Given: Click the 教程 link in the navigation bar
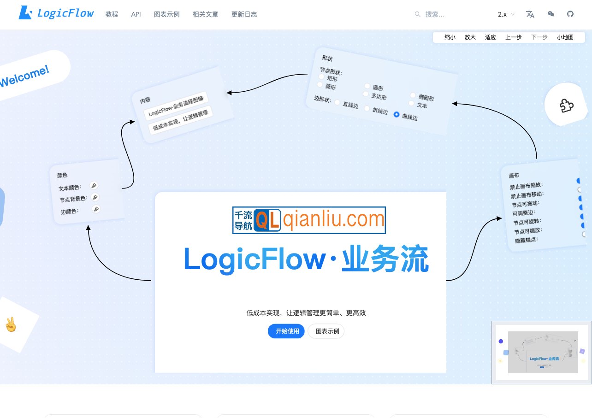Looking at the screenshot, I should coord(112,14).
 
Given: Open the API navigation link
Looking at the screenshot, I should coord(136,14).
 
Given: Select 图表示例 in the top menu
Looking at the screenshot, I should coord(166,14).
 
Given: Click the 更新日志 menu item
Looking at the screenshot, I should coord(244,14).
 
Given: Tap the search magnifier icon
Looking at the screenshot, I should coord(418,14).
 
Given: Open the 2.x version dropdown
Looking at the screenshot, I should coord(506,14).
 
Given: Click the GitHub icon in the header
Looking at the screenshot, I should coord(570,14).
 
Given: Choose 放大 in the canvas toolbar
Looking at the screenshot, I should coord(470,37).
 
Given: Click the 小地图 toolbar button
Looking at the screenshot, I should coord(565,37).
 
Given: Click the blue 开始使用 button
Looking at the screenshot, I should coord(286,331).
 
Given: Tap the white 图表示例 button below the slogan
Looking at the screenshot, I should coord(326,331).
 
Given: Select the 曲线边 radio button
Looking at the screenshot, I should coord(397,114).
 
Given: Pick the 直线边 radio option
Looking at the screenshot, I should coord(337,102).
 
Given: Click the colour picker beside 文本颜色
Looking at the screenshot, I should coord(94,185).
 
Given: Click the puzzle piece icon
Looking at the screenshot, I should coord(567,106).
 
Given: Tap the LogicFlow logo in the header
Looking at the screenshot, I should coord(56,13).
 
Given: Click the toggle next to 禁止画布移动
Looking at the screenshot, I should coord(580,189).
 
